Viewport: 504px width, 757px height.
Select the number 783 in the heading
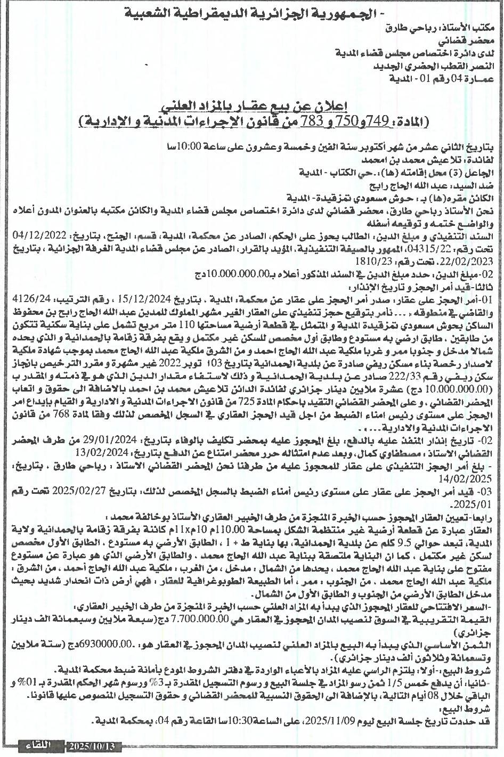(311, 121)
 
